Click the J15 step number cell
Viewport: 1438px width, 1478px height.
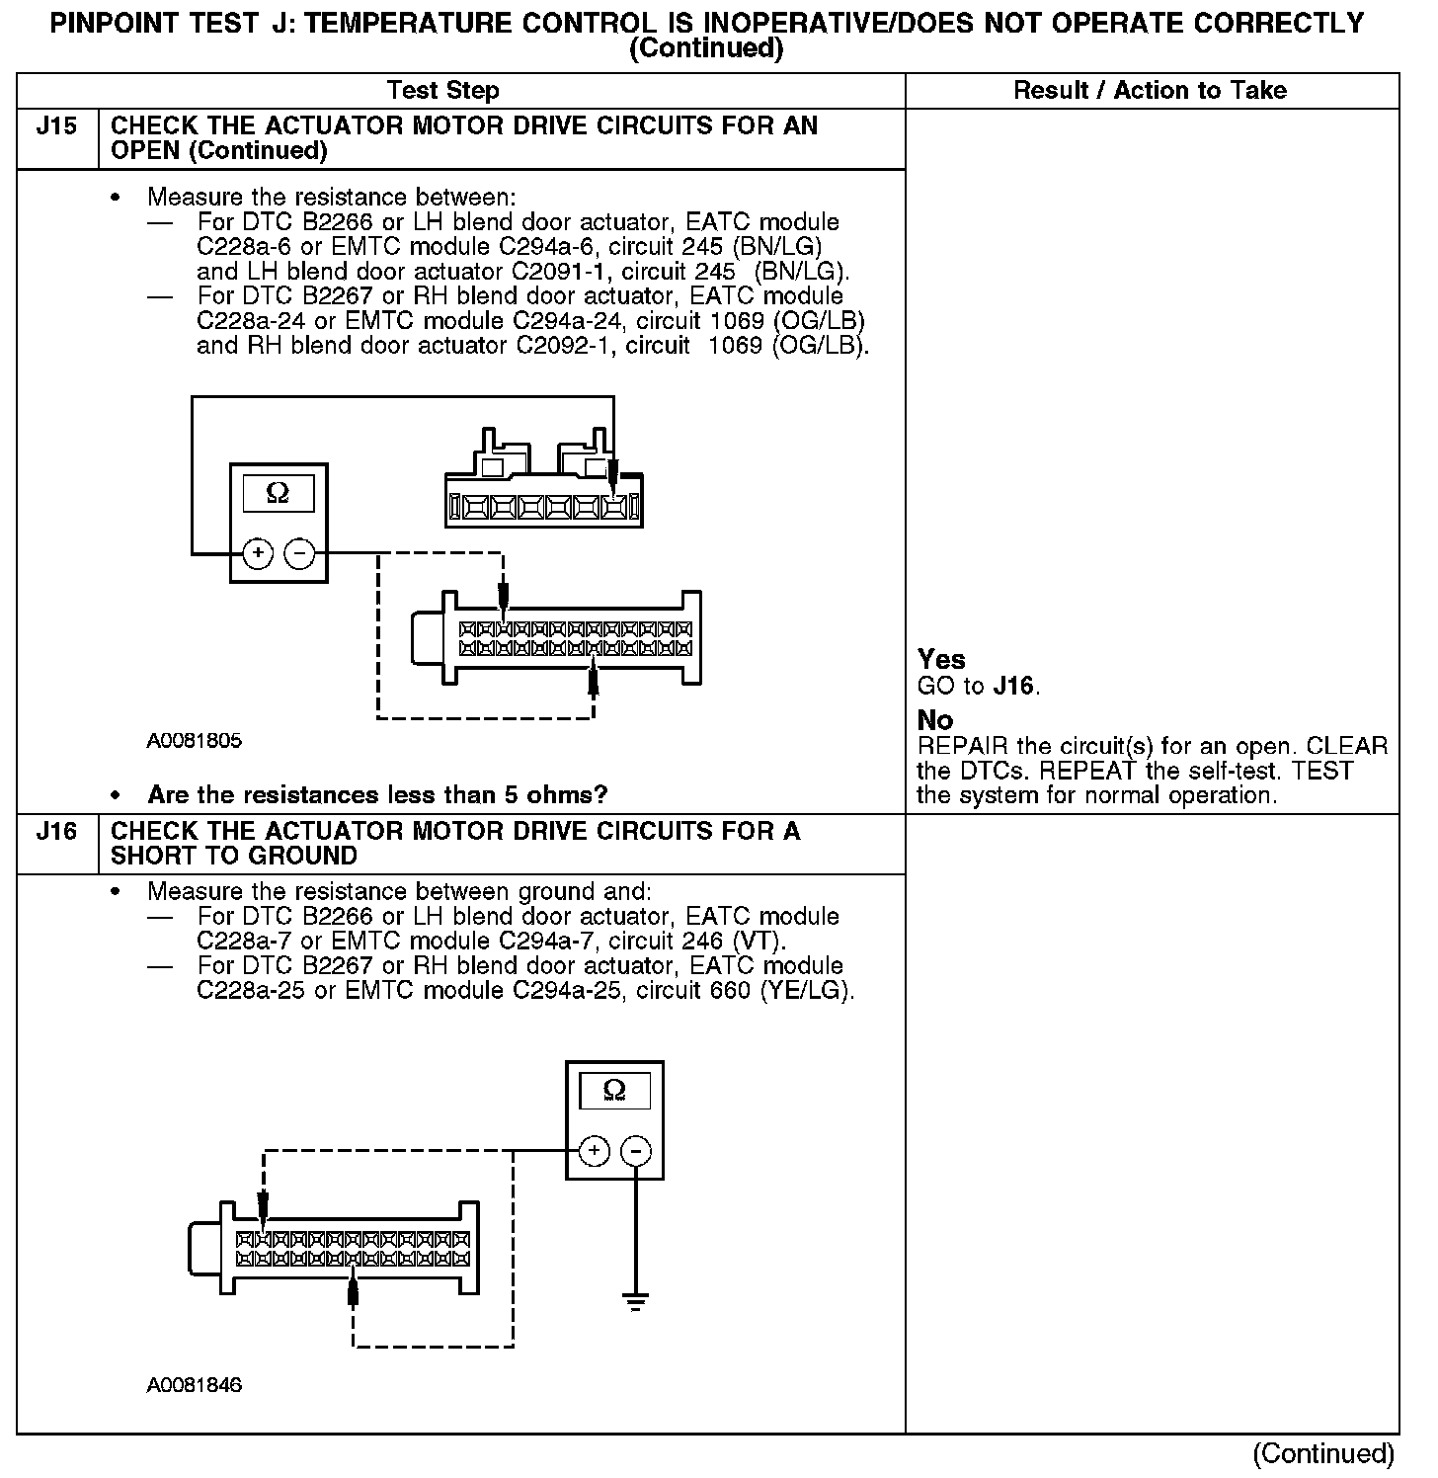click(x=57, y=127)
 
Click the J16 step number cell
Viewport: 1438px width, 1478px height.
click(x=57, y=832)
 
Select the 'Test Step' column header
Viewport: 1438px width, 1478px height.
click(x=443, y=91)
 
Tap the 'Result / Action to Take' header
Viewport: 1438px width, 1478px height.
click(x=1151, y=91)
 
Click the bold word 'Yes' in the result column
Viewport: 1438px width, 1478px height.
click(x=941, y=660)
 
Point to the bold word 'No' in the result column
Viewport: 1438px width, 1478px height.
click(x=935, y=720)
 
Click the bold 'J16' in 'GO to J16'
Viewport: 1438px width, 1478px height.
click(x=1015, y=687)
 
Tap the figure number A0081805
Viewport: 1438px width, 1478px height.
click(x=195, y=741)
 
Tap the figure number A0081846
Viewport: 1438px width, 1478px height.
click(x=195, y=1386)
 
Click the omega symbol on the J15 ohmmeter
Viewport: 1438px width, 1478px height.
click(x=279, y=494)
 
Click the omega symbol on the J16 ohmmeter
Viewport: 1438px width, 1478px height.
click(x=614, y=1091)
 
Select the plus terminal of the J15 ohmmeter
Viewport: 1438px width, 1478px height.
click(x=258, y=553)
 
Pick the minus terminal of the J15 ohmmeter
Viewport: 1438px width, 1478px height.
click(x=300, y=553)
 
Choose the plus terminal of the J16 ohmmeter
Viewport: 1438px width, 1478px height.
click(x=594, y=1151)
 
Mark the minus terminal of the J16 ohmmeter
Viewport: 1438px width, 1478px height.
click(x=636, y=1151)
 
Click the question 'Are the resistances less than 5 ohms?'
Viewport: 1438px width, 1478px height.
click(x=377, y=795)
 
